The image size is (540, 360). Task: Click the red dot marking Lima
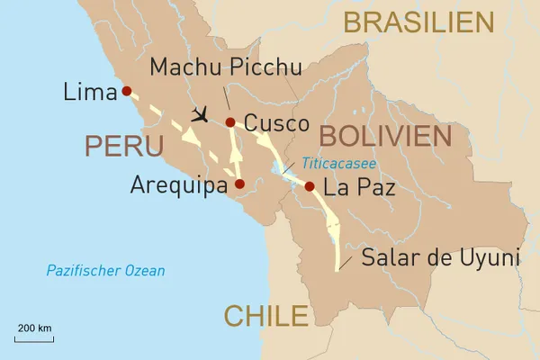click(x=127, y=91)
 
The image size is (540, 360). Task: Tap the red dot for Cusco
click(x=230, y=122)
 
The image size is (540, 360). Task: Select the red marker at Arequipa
click(x=239, y=184)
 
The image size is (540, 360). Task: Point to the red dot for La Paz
click(x=310, y=187)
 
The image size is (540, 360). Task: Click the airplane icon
click(x=200, y=115)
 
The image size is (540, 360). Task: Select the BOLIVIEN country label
click(x=384, y=136)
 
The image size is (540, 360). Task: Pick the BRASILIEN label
click(x=418, y=22)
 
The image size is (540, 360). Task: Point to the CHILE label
click(x=265, y=316)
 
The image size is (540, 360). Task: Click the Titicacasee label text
click(x=339, y=164)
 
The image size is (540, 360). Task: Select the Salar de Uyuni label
click(x=441, y=257)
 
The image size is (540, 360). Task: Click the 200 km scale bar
click(x=34, y=339)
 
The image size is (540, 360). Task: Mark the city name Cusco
click(x=276, y=123)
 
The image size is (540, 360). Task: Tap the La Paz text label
click(x=358, y=189)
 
